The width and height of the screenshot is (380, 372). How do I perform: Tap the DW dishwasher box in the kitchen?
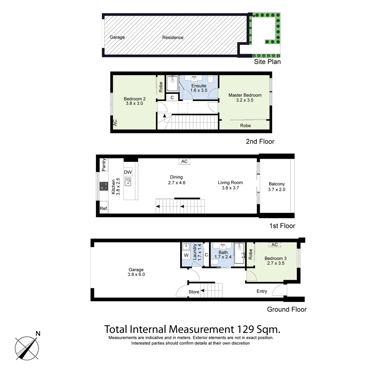click(128, 172)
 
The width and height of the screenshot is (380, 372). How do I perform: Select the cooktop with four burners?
click(104, 186)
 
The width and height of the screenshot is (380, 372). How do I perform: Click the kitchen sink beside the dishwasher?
click(128, 182)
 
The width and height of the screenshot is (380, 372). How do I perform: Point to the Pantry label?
click(104, 165)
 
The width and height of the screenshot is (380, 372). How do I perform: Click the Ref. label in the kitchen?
click(104, 208)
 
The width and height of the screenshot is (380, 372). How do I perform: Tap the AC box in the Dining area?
click(184, 161)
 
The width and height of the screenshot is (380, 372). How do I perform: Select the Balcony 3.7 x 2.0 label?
click(276, 187)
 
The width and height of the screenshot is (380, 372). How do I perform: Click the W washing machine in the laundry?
click(186, 255)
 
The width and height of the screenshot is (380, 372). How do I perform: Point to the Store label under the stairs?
click(194, 292)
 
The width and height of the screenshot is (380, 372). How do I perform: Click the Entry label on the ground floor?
click(262, 291)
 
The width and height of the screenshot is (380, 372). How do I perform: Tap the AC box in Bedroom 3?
click(275, 245)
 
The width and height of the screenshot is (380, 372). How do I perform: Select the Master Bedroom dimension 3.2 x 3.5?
click(245, 100)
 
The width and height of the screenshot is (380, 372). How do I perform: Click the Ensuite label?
click(199, 86)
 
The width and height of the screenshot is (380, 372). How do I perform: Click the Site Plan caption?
click(267, 62)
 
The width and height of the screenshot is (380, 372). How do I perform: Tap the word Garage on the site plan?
click(117, 37)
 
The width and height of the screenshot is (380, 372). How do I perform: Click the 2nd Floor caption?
click(260, 141)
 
